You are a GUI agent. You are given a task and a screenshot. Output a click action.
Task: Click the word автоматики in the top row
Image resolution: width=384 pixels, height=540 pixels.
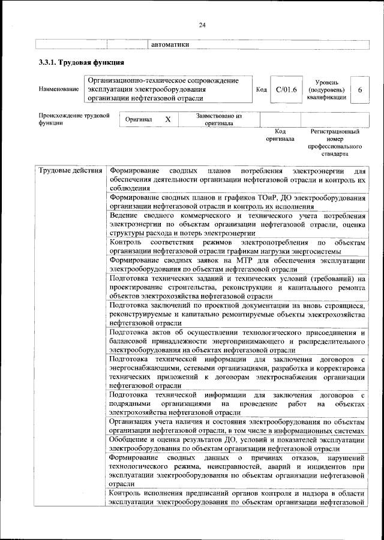click(170, 44)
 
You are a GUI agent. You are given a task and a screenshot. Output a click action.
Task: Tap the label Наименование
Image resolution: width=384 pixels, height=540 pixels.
click(58, 89)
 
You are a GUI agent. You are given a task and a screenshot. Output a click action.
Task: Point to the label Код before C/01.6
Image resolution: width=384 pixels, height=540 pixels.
click(261, 89)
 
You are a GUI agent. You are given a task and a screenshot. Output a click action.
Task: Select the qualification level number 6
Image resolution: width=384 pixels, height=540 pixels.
click(359, 89)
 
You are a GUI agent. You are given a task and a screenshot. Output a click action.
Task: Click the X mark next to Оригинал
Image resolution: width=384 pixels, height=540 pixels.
click(168, 120)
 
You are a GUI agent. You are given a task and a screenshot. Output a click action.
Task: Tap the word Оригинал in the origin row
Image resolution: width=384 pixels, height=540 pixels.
click(139, 120)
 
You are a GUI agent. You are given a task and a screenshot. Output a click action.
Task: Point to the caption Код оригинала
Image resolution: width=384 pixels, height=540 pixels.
click(280, 135)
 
